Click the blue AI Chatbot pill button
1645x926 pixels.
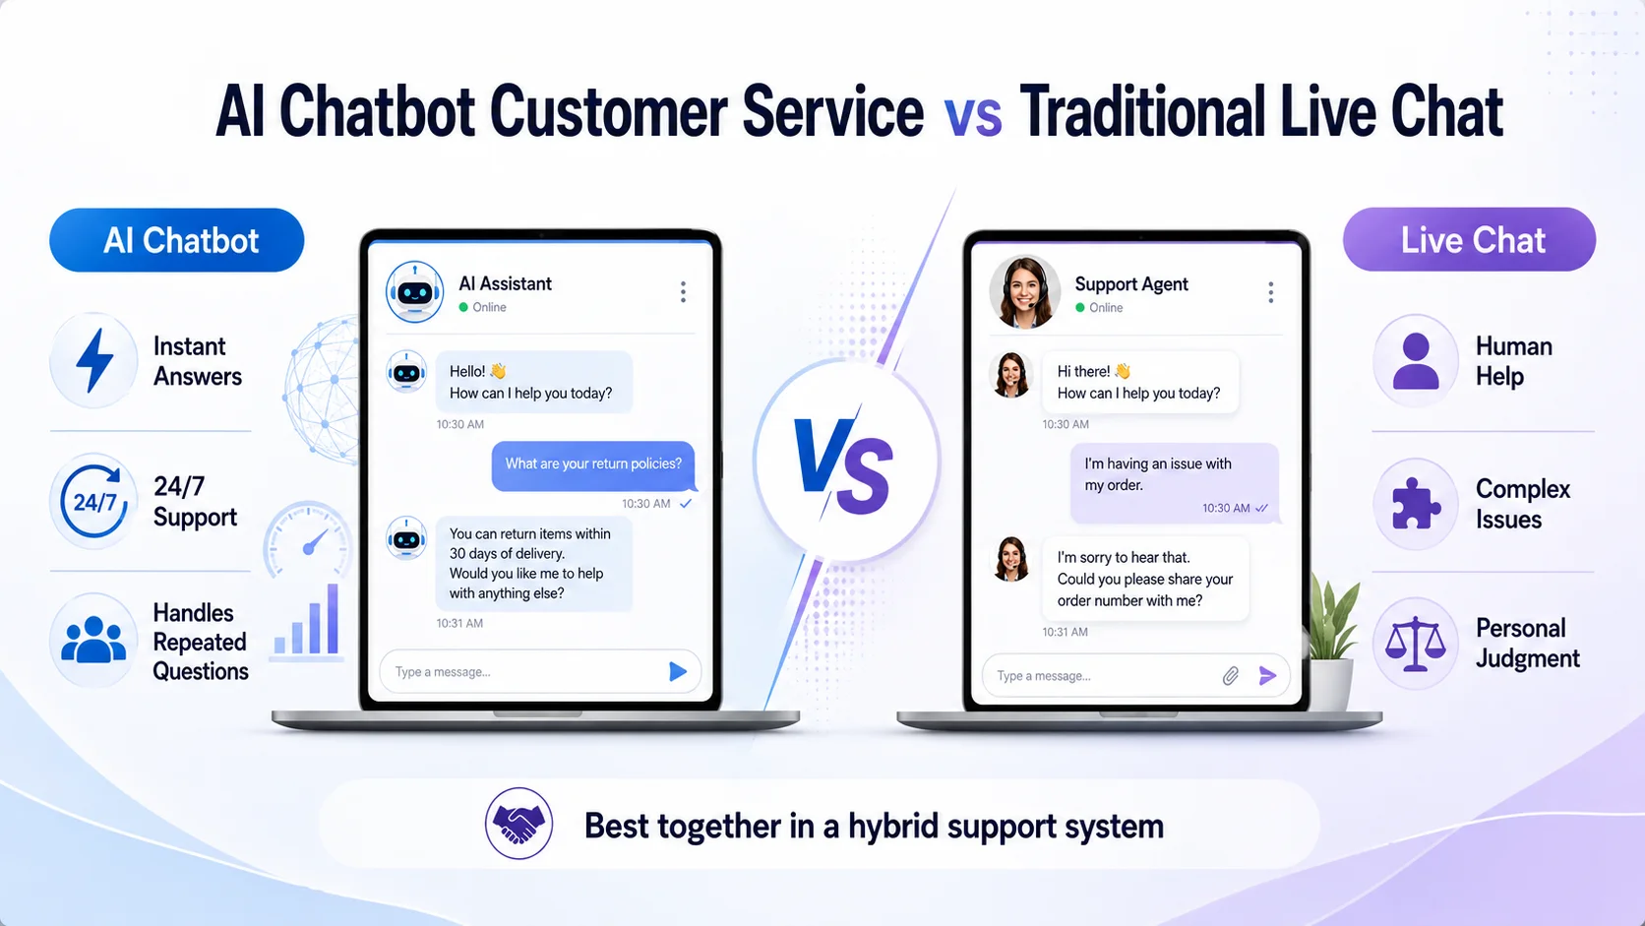tap(176, 240)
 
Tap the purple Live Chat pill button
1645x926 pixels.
tap(1470, 239)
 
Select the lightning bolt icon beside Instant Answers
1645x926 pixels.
tap(95, 360)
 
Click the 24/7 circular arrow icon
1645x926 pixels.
tap(94, 501)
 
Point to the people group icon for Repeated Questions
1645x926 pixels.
tap(93, 640)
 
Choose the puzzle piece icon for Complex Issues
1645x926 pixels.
tap(1416, 504)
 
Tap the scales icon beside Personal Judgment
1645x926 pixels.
tap(1415, 644)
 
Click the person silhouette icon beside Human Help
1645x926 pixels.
tap(1416, 360)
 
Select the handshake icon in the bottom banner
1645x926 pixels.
tap(518, 824)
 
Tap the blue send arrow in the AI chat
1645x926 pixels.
tap(677, 671)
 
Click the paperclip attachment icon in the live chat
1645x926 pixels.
tap(1231, 676)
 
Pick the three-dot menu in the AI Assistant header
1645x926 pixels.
tap(683, 291)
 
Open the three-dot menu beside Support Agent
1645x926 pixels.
tap(1270, 292)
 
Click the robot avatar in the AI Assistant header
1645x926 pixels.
tap(415, 292)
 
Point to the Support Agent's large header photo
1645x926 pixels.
tap(1024, 292)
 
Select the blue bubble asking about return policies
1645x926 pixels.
tap(593, 464)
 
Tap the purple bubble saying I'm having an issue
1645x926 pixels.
tap(1175, 483)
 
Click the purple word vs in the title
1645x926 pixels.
tap(972, 115)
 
